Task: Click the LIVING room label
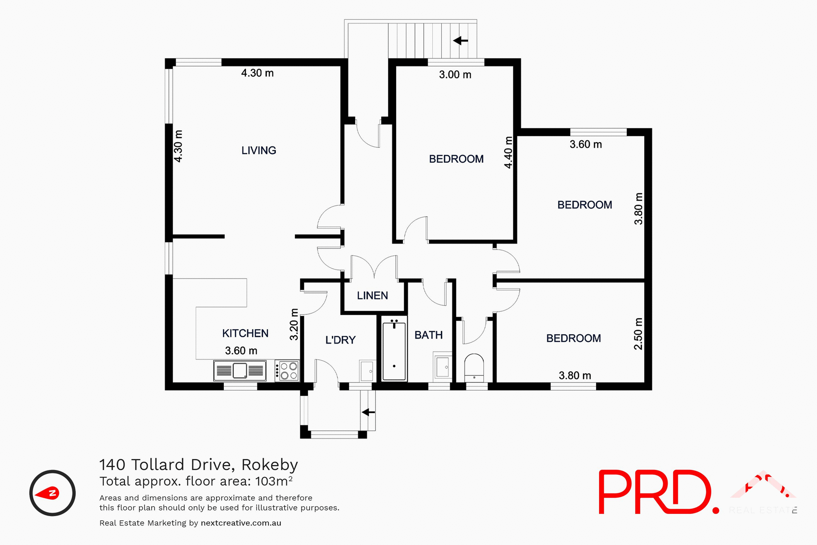click(x=259, y=150)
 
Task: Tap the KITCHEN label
click(x=245, y=333)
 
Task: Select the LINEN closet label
click(x=372, y=295)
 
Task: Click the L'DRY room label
click(x=340, y=340)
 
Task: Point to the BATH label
click(x=428, y=335)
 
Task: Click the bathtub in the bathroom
click(x=394, y=351)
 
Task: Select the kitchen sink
click(x=240, y=370)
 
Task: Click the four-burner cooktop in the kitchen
click(x=288, y=370)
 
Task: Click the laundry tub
click(x=366, y=370)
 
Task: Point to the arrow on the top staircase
click(x=460, y=41)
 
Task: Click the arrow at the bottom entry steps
click(x=369, y=412)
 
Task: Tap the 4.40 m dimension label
click(x=508, y=152)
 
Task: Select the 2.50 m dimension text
click(x=638, y=334)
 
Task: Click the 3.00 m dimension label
click(x=455, y=75)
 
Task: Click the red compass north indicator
click(x=48, y=493)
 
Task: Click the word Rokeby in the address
click(x=269, y=465)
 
